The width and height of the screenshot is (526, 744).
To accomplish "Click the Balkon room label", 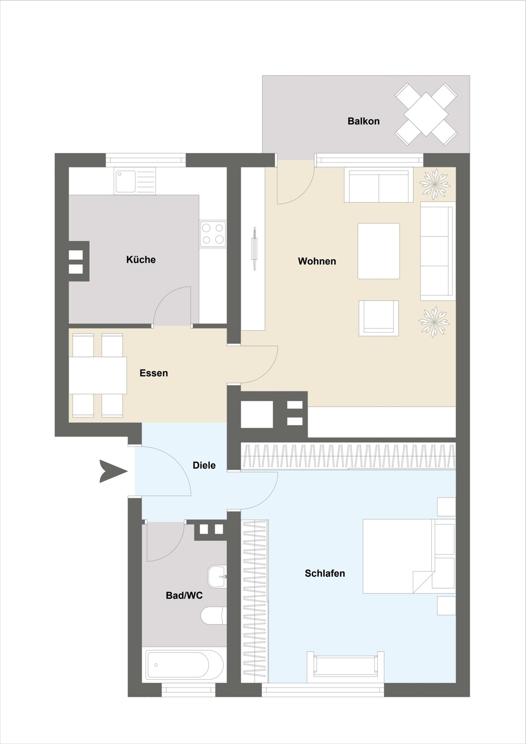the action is tap(364, 121).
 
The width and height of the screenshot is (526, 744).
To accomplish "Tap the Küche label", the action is tap(141, 259).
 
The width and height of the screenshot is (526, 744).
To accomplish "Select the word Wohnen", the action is tap(317, 261).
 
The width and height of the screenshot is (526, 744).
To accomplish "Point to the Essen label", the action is tap(153, 373).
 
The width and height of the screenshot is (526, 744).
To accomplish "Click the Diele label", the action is tap(204, 465).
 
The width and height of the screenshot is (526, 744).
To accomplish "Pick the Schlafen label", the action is tap(325, 573).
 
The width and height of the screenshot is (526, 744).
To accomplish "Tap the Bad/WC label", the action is tap(184, 596).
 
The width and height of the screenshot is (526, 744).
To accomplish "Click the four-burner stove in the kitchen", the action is tap(213, 234).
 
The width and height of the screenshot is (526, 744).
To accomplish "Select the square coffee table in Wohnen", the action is tap(379, 251).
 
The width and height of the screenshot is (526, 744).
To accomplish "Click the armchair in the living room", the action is tap(379, 318).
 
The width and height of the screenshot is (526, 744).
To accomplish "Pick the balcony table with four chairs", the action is tap(426, 114).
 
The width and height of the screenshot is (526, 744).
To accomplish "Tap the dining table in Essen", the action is tap(98, 375).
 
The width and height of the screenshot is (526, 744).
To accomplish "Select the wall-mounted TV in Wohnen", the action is tap(255, 249).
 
